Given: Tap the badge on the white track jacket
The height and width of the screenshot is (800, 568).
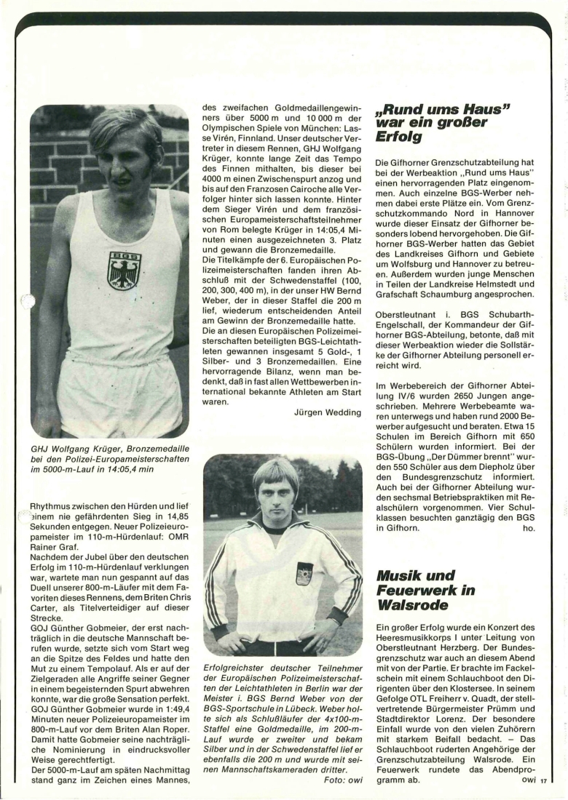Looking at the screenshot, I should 304,572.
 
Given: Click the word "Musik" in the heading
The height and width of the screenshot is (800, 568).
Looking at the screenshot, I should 400,575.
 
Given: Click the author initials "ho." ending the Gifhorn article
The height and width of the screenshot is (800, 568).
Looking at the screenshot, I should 529,528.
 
